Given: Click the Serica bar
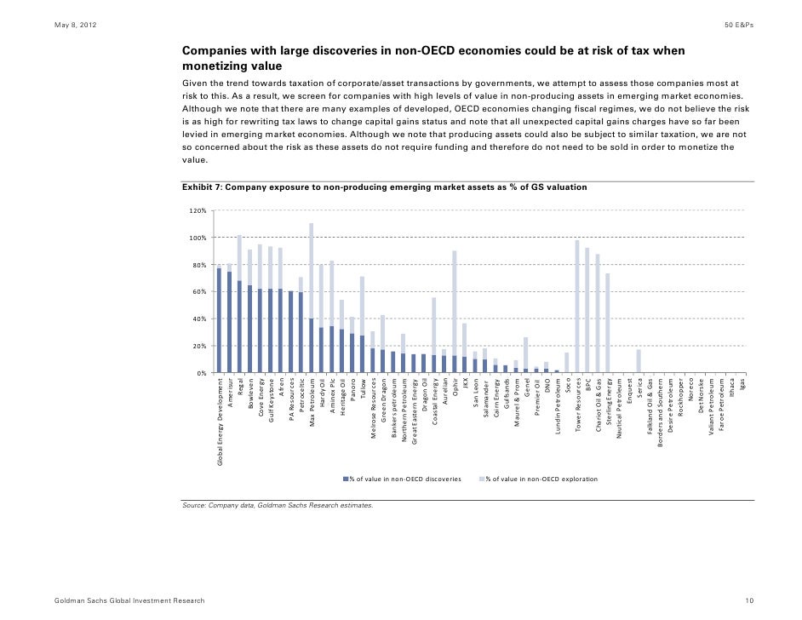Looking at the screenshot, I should tap(639, 361).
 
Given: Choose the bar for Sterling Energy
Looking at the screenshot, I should tap(608, 323).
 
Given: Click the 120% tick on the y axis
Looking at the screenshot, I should tap(196, 210).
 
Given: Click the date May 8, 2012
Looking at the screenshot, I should tap(76, 24).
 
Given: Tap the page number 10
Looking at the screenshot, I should tap(749, 601).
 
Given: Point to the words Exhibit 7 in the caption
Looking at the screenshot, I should tap(201, 187).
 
